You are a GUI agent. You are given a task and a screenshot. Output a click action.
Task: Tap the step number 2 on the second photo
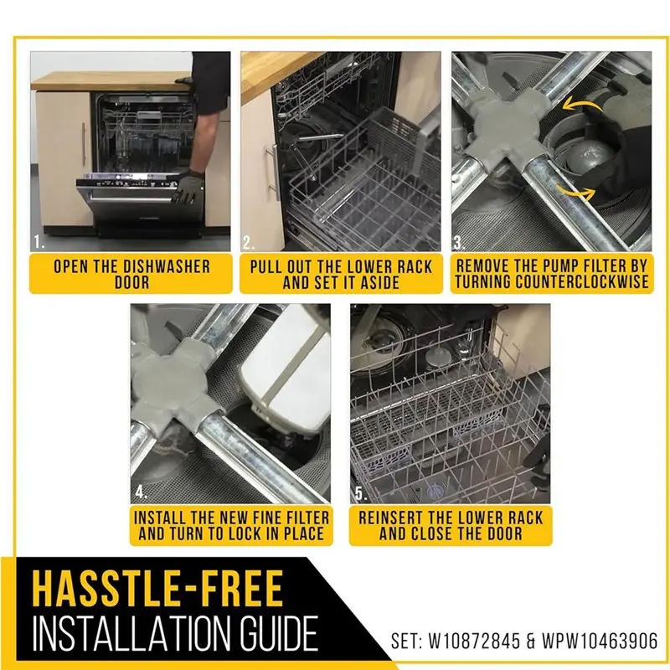[x=249, y=243]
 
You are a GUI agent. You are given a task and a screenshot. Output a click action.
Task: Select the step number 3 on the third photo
[x=459, y=243]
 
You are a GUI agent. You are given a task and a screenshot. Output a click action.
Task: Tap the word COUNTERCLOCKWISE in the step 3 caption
[x=552, y=282]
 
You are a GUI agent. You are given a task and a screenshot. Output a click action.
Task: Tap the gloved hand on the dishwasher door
[x=189, y=184]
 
